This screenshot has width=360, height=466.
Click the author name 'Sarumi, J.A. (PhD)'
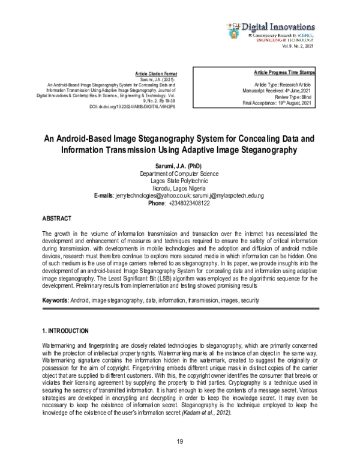[179, 166]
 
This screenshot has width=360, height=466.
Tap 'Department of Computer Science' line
[179, 174]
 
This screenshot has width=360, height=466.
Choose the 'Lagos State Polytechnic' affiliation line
[179, 181]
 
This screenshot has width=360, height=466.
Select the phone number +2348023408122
[193, 204]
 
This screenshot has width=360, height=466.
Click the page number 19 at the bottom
[179, 443]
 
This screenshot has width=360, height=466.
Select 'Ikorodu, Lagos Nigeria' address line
[179, 189]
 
